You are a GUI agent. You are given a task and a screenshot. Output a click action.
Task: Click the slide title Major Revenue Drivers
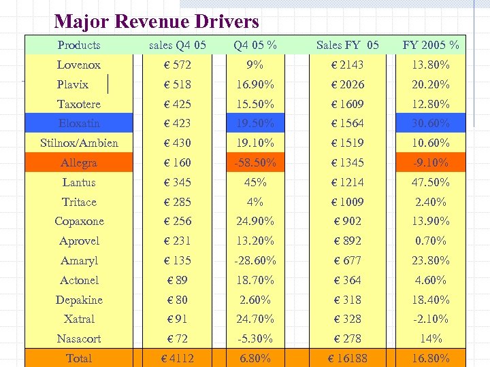157,22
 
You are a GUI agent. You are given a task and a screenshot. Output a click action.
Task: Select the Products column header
79,46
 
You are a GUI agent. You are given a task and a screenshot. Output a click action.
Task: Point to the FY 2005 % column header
431,46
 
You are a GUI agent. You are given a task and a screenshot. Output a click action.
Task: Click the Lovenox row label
79,65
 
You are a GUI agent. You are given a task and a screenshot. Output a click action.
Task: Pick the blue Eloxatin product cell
79,123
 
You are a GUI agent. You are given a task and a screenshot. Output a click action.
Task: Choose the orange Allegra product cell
79,162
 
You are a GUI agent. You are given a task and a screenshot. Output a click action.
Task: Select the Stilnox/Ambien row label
79,143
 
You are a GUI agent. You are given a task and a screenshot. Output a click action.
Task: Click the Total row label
79,358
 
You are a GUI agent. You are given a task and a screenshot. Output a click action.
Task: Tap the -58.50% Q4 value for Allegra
255,162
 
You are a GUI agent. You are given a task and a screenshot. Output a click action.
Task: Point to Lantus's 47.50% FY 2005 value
431,182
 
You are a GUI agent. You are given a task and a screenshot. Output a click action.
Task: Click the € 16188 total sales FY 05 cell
348,358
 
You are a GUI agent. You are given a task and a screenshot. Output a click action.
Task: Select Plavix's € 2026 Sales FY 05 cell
348,85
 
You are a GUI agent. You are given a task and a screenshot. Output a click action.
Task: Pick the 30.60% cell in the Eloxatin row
431,123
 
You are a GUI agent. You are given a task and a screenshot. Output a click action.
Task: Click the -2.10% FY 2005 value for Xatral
431,319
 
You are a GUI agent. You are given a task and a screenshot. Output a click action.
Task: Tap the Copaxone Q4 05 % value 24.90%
255,221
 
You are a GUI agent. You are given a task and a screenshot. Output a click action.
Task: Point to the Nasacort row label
79,338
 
